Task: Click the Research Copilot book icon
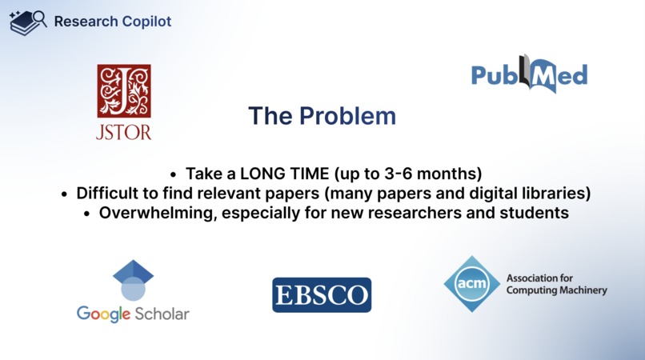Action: (27, 22)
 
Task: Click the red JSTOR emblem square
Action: (124, 90)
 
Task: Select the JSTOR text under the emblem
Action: (124, 131)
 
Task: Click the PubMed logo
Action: (529, 75)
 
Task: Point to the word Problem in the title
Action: (347, 116)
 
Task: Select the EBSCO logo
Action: (322, 295)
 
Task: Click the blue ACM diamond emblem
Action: (471, 283)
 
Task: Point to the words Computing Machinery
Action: (556, 290)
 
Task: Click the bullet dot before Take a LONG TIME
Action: (174, 174)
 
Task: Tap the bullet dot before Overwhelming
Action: (87, 214)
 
